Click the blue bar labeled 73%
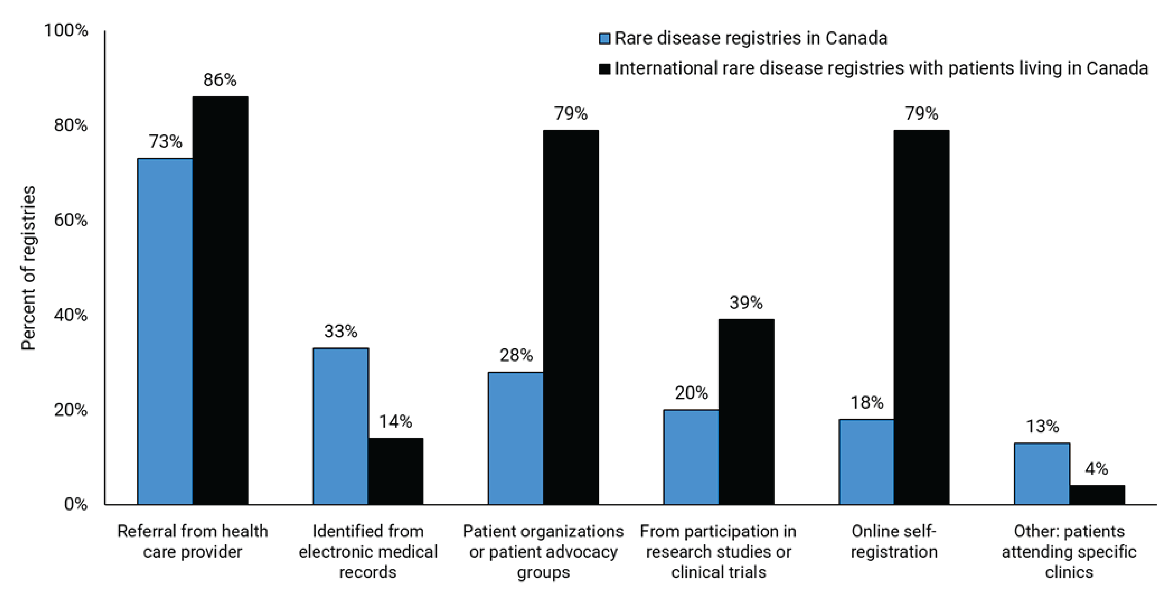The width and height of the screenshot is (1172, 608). (x=165, y=332)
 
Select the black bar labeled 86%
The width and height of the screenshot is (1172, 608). (x=220, y=301)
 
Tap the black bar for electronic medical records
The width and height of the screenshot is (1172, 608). (x=395, y=471)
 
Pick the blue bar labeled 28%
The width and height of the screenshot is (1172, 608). (x=516, y=438)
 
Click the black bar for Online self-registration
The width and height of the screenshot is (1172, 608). (x=921, y=317)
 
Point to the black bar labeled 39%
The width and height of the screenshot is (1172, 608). (x=746, y=412)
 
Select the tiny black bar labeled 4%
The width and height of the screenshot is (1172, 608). (x=1097, y=495)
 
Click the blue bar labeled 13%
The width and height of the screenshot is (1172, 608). (x=1042, y=474)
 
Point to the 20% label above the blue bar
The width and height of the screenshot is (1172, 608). (x=691, y=393)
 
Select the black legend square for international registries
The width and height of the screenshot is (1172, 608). (x=604, y=69)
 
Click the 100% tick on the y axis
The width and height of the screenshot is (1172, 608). (x=66, y=31)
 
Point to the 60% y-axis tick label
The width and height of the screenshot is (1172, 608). (x=70, y=220)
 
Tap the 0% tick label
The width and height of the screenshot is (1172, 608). (x=76, y=504)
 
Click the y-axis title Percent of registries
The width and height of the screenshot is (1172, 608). (x=29, y=268)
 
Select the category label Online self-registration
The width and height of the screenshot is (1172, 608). (x=894, y=542)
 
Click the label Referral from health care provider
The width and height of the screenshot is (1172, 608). (x=192, y=542)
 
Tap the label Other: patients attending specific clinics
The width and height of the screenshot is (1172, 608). (x=1069, y=552)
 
